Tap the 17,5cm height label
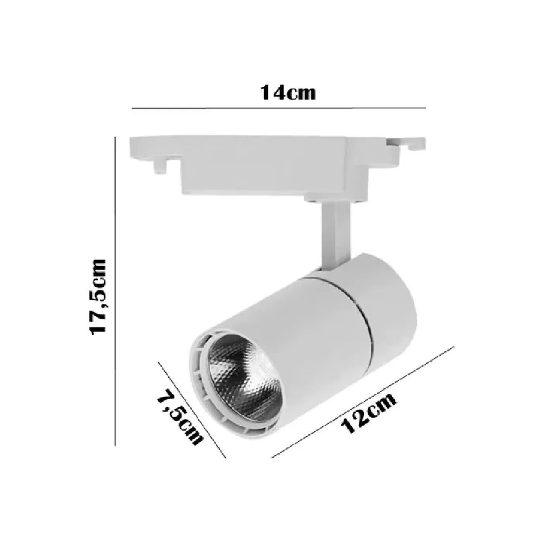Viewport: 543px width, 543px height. tap(97, 297)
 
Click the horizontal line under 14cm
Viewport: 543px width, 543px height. tap(279, 108)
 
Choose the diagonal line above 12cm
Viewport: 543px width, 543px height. tap(363, 401)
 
